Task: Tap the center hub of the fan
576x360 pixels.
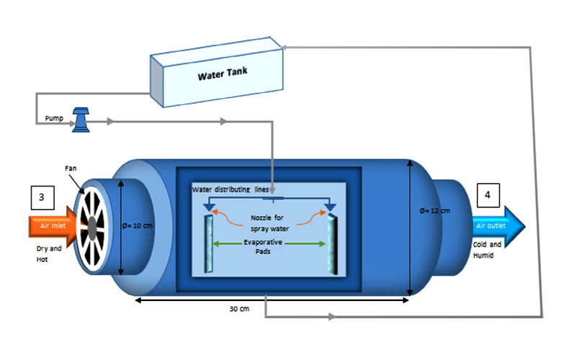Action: (94, 225)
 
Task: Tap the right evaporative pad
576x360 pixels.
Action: (333, 244)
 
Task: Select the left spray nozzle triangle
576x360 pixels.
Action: (210, 207)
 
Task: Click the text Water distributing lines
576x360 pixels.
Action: (230, 189)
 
